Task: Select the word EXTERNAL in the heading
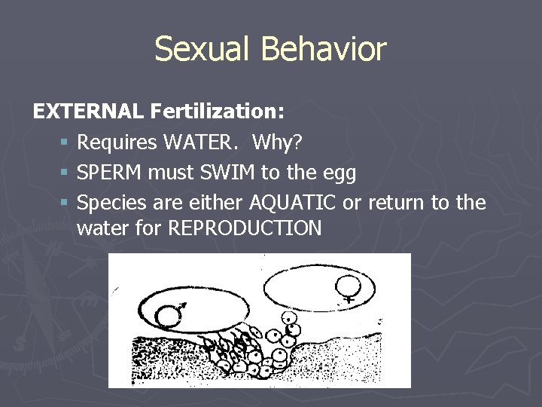coord(88,112)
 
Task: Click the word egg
coord(338,174)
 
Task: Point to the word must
coord(170,173)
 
